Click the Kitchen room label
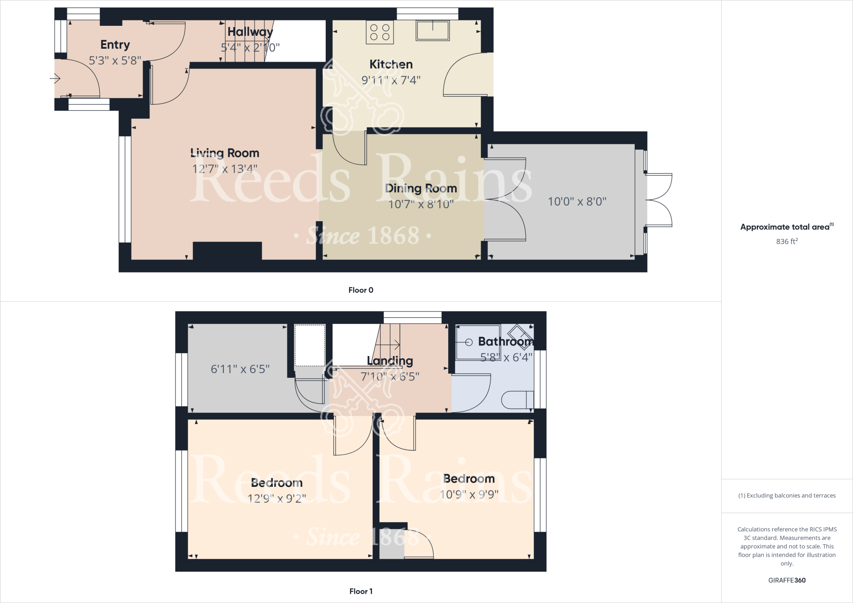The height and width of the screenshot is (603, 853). (391, 64)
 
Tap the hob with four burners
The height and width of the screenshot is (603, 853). (380, 32)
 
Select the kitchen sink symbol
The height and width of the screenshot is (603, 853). (432, 30)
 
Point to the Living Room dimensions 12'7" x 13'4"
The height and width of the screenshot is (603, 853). (224, 169)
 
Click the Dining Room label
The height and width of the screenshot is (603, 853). (421, 188)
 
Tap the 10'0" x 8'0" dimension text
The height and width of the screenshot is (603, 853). (577, 202)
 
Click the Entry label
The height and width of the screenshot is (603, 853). (115, 45)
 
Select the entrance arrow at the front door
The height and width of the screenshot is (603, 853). (55, 78)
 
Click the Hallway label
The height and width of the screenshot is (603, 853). (250, 32)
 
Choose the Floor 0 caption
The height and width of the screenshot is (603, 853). (361, 290)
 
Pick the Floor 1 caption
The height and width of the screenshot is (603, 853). (361, 591)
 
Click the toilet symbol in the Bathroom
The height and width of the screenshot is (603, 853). (517, 400)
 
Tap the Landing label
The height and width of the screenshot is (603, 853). (390, 361)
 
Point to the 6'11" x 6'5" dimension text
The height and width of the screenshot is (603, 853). (240, 369)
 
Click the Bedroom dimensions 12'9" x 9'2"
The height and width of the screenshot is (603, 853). (277, 498)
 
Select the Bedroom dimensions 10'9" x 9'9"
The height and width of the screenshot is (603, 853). (469, 494)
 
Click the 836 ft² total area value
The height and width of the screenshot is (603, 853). (786, 242)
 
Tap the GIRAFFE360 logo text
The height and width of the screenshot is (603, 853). (787, 580)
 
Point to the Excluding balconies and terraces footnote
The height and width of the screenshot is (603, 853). (787, 496)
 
